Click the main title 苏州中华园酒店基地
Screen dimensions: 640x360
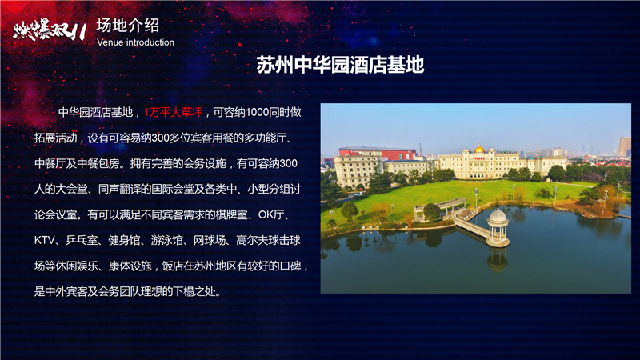341,65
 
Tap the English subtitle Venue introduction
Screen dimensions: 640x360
135,42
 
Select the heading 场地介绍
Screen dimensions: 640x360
128,26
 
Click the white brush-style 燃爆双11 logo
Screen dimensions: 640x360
50,31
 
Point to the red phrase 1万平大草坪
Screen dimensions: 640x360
173,112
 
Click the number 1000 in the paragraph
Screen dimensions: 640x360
257,112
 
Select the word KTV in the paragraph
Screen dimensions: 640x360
45,241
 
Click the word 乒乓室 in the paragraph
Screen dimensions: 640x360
82,241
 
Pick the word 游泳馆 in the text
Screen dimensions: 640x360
167,241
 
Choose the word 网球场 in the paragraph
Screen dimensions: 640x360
210,241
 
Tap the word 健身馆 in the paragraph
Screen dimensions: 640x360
124,241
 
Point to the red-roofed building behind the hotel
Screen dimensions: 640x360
378,153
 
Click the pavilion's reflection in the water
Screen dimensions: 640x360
498,259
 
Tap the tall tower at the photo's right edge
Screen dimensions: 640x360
624,146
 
